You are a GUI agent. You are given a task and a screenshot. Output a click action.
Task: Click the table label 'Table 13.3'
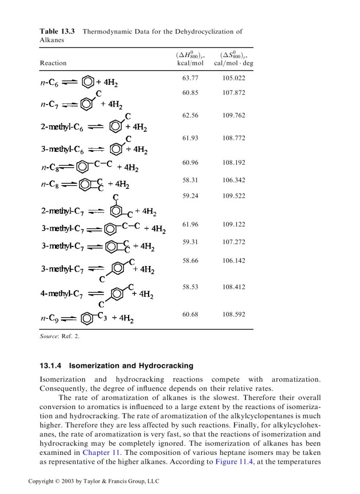pos(57,31)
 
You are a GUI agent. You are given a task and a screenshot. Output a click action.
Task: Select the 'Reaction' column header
pos(53,63)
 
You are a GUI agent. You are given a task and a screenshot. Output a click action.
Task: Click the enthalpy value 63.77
pos(190,78)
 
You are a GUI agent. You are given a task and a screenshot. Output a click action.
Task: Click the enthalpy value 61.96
pos(190,224)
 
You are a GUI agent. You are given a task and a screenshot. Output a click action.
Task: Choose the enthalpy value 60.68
pos(190,313)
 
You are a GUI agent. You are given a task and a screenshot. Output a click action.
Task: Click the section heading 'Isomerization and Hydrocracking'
pos(131,366)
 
